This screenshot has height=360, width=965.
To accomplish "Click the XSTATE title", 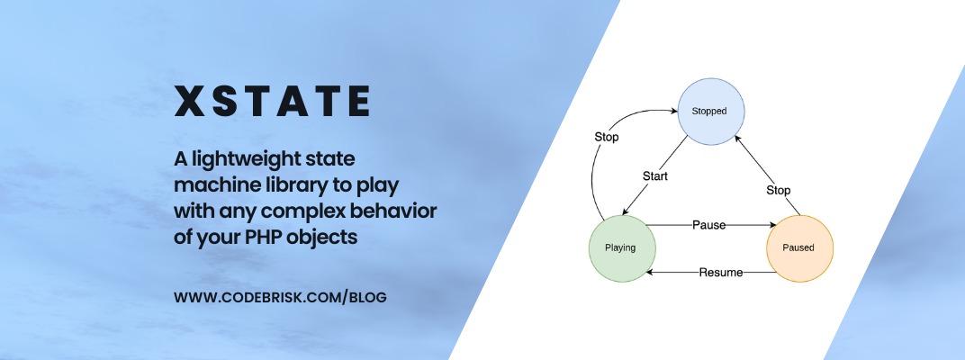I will coord(272,102).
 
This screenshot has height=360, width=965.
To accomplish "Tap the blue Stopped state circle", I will coord(708,111).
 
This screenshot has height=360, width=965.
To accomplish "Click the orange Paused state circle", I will coord(799,247).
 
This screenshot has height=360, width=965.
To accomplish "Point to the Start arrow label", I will coord(654,176).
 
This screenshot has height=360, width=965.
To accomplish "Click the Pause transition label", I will coord(708,224).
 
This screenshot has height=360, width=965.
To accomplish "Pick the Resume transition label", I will coord(720,272).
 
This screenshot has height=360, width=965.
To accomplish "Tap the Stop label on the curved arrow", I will coord(606,137).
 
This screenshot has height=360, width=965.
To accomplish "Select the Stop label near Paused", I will coord(778,190).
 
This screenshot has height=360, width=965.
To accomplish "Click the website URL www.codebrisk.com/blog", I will coord(280,297).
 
